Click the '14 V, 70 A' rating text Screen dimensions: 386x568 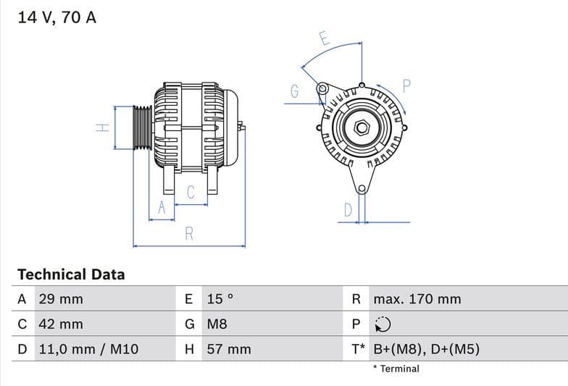point(57,17)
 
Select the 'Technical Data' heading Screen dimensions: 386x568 point(71,274)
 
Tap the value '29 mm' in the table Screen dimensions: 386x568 point(60,299)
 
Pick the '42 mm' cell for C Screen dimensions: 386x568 point(60,324)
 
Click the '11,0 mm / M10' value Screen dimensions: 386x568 point(88,349)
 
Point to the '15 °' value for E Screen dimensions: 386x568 point(220,299)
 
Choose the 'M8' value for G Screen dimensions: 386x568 point(217,324)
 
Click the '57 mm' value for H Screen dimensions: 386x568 point(229,349)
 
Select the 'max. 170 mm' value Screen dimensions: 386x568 point(417,299)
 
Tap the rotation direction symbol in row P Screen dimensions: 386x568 point(383,324)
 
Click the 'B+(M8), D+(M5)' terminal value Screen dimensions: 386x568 point(426,349)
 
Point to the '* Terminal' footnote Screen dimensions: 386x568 point(396,369)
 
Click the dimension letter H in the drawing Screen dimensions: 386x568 point(102,127)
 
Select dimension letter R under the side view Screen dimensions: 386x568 point(189,233)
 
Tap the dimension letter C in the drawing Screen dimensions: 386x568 point(191,193)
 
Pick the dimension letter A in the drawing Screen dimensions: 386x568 point(162,208)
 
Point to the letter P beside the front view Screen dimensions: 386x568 point(406,85)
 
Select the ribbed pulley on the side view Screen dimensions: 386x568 point(143,127)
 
